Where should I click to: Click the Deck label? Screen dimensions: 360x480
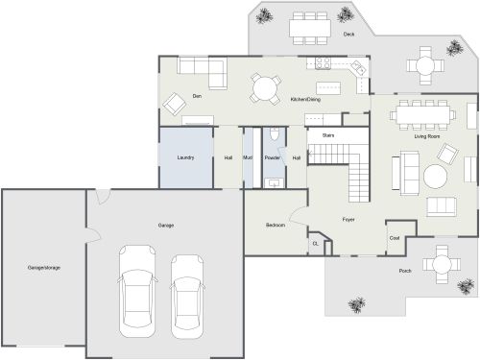(349, 35)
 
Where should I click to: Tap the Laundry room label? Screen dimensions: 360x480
(186, 157)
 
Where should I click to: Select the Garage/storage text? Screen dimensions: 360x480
(43, 267)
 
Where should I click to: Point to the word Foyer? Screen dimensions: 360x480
(348, 220)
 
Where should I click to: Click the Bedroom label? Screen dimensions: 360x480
(276, 225)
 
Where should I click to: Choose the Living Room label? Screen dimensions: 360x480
(426, 136)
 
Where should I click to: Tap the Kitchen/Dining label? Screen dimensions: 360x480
(305, 100)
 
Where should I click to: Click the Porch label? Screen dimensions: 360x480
(405, 272)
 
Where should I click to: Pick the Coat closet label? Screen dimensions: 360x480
(394, 237)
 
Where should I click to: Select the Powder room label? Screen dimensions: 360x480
(272, 157)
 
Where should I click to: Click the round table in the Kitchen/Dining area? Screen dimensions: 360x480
(264, 89)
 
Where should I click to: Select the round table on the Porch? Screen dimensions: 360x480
(441, 262)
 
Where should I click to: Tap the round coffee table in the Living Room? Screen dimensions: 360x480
(436, 177)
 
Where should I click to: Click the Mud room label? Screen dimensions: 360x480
(247, 157)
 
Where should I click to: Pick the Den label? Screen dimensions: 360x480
(196, 96)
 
